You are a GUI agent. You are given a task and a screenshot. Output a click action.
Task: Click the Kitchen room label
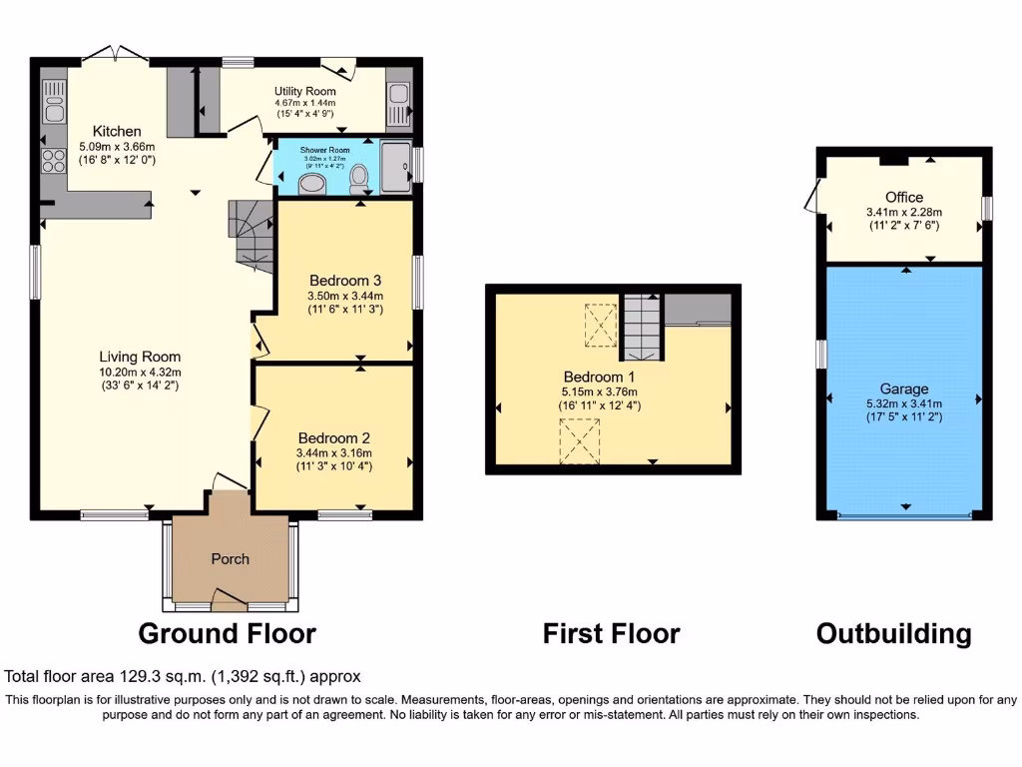coord(117,132)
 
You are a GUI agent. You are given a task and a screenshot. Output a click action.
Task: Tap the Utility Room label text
coord(305,91)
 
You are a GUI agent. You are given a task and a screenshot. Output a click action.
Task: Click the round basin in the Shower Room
coord(312,183)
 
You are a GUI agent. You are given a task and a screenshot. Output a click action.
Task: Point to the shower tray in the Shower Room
coord(396,165)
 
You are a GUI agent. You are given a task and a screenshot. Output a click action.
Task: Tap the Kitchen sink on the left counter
coord(53,103)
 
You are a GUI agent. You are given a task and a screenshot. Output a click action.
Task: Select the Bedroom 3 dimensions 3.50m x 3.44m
coord(346,296)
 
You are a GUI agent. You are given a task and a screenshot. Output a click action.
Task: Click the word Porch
coord(230,558)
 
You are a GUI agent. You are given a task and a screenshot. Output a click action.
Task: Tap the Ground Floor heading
coord(227,633)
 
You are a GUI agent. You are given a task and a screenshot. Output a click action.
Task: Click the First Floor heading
coord(611,633)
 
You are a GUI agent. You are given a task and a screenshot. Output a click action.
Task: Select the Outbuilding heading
coord(893,633)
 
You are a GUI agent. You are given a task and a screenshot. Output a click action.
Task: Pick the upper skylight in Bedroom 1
coord(600,325)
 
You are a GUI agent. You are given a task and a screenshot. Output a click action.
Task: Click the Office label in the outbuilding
coord(903,197)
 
